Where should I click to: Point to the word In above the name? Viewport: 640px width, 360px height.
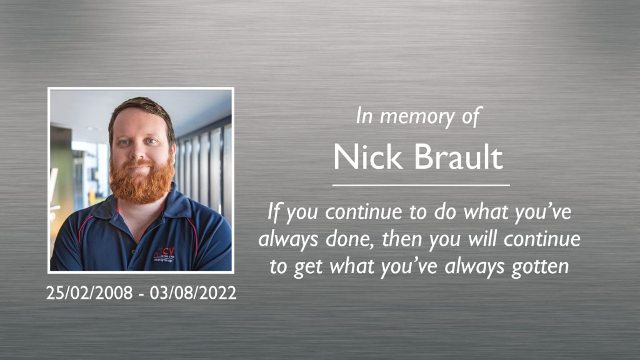click(364, 116)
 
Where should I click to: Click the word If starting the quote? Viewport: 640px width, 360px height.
click(273, 212)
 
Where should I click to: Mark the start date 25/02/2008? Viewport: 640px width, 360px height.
click(90, 292)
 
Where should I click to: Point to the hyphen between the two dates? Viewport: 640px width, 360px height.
click(142, 293)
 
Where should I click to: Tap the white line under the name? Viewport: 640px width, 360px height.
click(421, 186)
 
